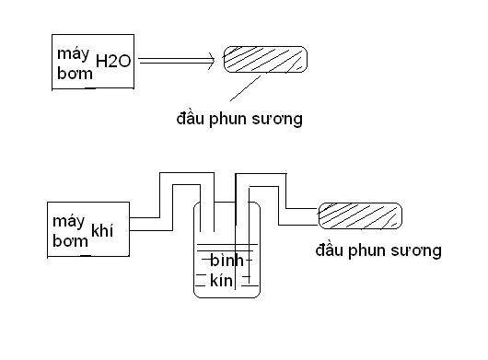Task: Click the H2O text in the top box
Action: tap(113, 61)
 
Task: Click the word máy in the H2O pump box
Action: tap(73, 54)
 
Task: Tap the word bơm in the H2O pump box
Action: tap(75, 74)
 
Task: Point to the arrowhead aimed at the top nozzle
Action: tap(212, 61)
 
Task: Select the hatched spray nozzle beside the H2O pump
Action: tap(265, 60)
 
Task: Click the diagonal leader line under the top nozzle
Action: tap(245, 88)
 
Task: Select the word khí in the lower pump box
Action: tap(102, 230)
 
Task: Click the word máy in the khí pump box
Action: tap(68, 222)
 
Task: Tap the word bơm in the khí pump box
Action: tap(70, 241)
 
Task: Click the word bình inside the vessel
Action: tap(227, 260)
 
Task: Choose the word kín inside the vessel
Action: tap(221, 280)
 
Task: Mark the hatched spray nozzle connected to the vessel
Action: tap(360, 216)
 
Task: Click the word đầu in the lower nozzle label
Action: tap(329, 250)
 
